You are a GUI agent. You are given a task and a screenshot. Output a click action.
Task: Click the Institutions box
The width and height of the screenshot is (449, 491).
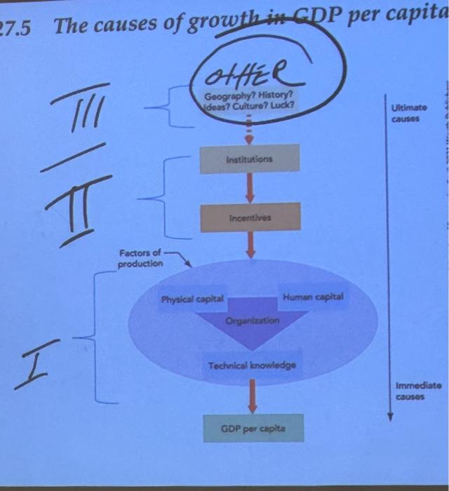point(249,159)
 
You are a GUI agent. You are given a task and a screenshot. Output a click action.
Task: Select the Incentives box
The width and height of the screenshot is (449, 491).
point(249,217)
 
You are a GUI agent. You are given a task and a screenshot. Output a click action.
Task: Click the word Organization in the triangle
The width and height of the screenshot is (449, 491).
point(253,320)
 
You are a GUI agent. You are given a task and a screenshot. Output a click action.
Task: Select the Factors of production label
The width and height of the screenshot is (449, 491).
point(140,258)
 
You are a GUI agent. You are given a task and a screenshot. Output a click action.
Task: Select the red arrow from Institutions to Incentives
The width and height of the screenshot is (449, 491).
point(249,188)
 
